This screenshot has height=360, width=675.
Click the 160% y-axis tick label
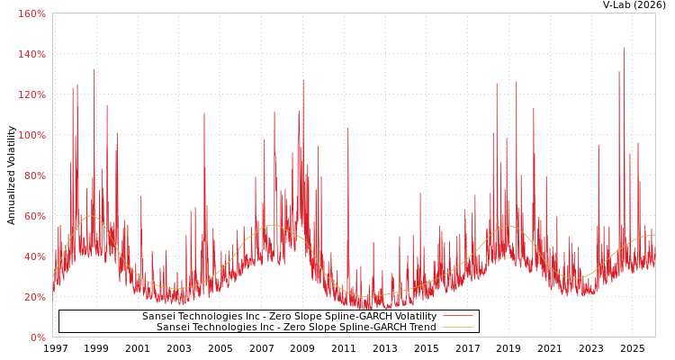[31, 13]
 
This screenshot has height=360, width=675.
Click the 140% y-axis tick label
[31, 54]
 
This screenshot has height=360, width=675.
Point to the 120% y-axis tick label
[31, 94]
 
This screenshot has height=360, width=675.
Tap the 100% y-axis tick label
[31, 135]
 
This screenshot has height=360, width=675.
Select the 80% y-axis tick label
[34, 175]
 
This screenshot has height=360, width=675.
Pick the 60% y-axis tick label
[34, 216]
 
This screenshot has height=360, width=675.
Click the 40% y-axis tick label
[34, 256]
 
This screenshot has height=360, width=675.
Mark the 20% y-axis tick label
[34, 297]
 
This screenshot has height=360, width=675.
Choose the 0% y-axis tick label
[38, 337]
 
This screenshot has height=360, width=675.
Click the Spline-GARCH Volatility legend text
[289, 317]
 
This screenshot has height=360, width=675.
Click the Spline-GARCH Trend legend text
[296, 328]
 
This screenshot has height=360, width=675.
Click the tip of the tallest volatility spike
[624, 48]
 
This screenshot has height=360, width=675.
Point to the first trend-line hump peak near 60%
[90, 216]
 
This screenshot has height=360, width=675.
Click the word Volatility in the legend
[412, 317]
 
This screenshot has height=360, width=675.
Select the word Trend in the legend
[420, 328]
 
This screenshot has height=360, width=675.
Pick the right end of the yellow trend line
[654, 235]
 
